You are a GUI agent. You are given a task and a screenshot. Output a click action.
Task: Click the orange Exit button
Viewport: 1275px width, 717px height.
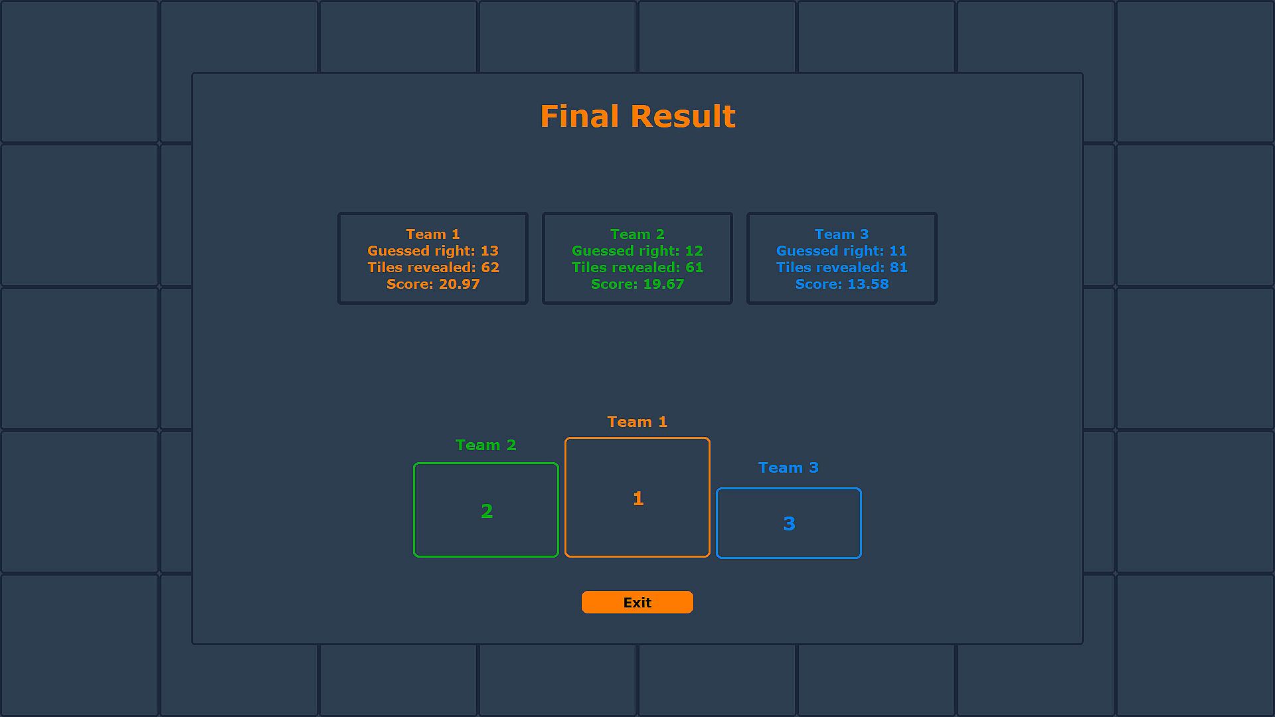click(x=637, y=602)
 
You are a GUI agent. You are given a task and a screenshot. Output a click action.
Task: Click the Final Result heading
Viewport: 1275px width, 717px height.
click(x=637, y=116)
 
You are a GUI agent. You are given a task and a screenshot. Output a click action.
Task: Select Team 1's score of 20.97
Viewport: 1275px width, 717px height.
click(x=433, y=284)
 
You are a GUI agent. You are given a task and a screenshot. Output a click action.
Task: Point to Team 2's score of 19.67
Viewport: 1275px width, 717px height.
click(x=637, y=284)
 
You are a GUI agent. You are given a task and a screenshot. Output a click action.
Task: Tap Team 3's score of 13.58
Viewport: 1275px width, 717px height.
click(x=842, y=284)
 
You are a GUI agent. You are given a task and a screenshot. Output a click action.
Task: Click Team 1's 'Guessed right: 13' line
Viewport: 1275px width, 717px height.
click(x=433, y=251)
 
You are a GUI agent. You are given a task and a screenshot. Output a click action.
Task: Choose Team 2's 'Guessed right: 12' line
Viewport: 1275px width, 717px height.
click(x=637, y=251)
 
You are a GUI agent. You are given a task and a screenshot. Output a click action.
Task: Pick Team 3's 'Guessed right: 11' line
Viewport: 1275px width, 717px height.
click(x=842, y=251)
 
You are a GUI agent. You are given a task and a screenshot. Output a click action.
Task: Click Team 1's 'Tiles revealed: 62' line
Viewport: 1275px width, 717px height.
click(x=433, y=268)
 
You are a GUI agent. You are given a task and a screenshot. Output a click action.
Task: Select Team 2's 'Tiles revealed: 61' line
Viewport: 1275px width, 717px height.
click(x=637, y=268)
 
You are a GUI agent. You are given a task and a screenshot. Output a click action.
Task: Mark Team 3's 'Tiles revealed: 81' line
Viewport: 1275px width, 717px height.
click(x=842, y=268)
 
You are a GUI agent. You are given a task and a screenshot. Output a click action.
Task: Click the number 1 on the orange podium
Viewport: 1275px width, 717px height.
click(x=638, y=499)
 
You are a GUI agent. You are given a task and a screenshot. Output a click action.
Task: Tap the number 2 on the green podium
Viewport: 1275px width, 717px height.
click(x=487, y=511)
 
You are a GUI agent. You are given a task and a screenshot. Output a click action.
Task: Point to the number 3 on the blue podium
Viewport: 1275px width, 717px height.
click(x=789, y=524)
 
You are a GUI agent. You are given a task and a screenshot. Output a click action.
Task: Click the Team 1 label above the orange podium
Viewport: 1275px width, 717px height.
click(x=637, y=422)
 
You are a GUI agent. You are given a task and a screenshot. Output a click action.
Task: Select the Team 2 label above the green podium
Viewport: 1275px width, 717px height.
click(x=486, y=445)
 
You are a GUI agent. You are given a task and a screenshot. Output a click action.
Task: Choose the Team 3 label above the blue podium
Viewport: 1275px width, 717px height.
click(x=789, y=468)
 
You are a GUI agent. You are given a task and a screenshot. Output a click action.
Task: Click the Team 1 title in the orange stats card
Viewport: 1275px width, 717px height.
click(x=433, y=234)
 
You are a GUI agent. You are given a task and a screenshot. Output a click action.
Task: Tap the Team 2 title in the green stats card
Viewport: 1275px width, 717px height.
click(x=637, y=234)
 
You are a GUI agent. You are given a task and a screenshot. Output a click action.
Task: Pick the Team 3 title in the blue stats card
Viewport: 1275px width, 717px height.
click(x=842, y=234)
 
